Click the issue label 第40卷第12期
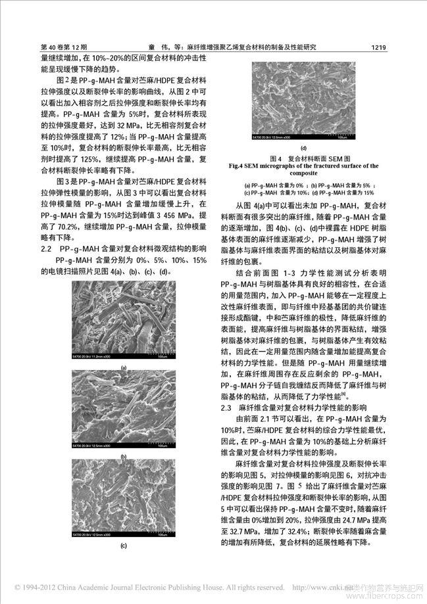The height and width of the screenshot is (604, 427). (64, 47)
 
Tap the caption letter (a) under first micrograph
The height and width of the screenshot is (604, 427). (124, 369)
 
